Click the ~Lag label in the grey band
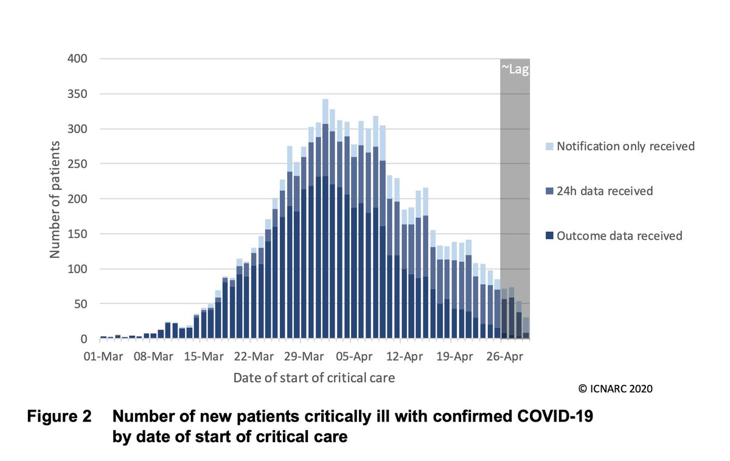coord(515,69)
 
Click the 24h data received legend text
coord(605,192)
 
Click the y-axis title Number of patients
coord(55,199)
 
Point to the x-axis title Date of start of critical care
coord(314,378)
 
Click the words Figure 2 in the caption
coord(59,418)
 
